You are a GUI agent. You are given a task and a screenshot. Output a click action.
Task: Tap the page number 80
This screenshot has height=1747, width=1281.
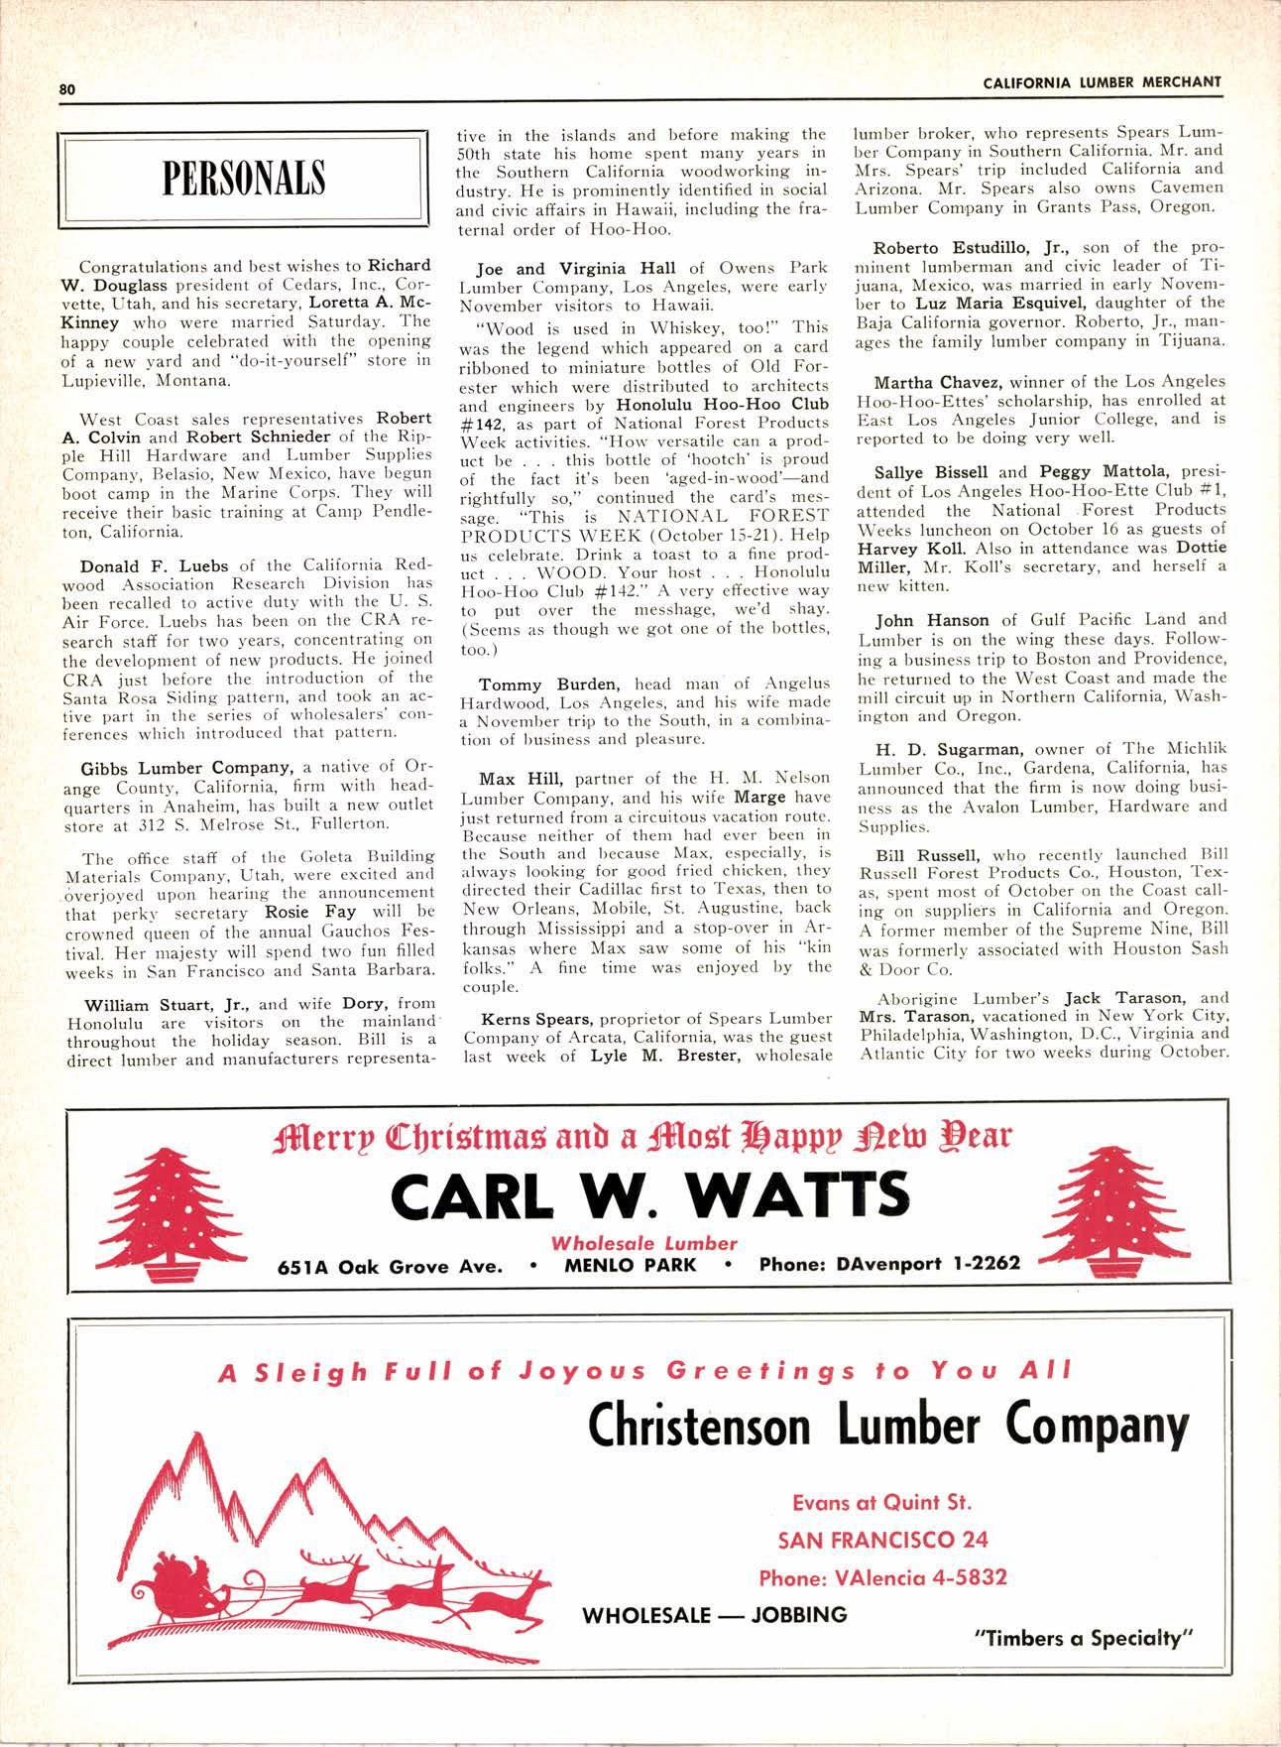(x=66, y=88)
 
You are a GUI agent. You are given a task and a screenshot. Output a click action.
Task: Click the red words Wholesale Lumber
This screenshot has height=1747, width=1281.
(x=643, y=1242)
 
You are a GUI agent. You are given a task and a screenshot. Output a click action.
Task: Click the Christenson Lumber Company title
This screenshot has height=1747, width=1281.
(x=887, y=1427)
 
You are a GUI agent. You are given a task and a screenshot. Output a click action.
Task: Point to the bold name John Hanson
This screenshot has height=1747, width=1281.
(x=931, y=620)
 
